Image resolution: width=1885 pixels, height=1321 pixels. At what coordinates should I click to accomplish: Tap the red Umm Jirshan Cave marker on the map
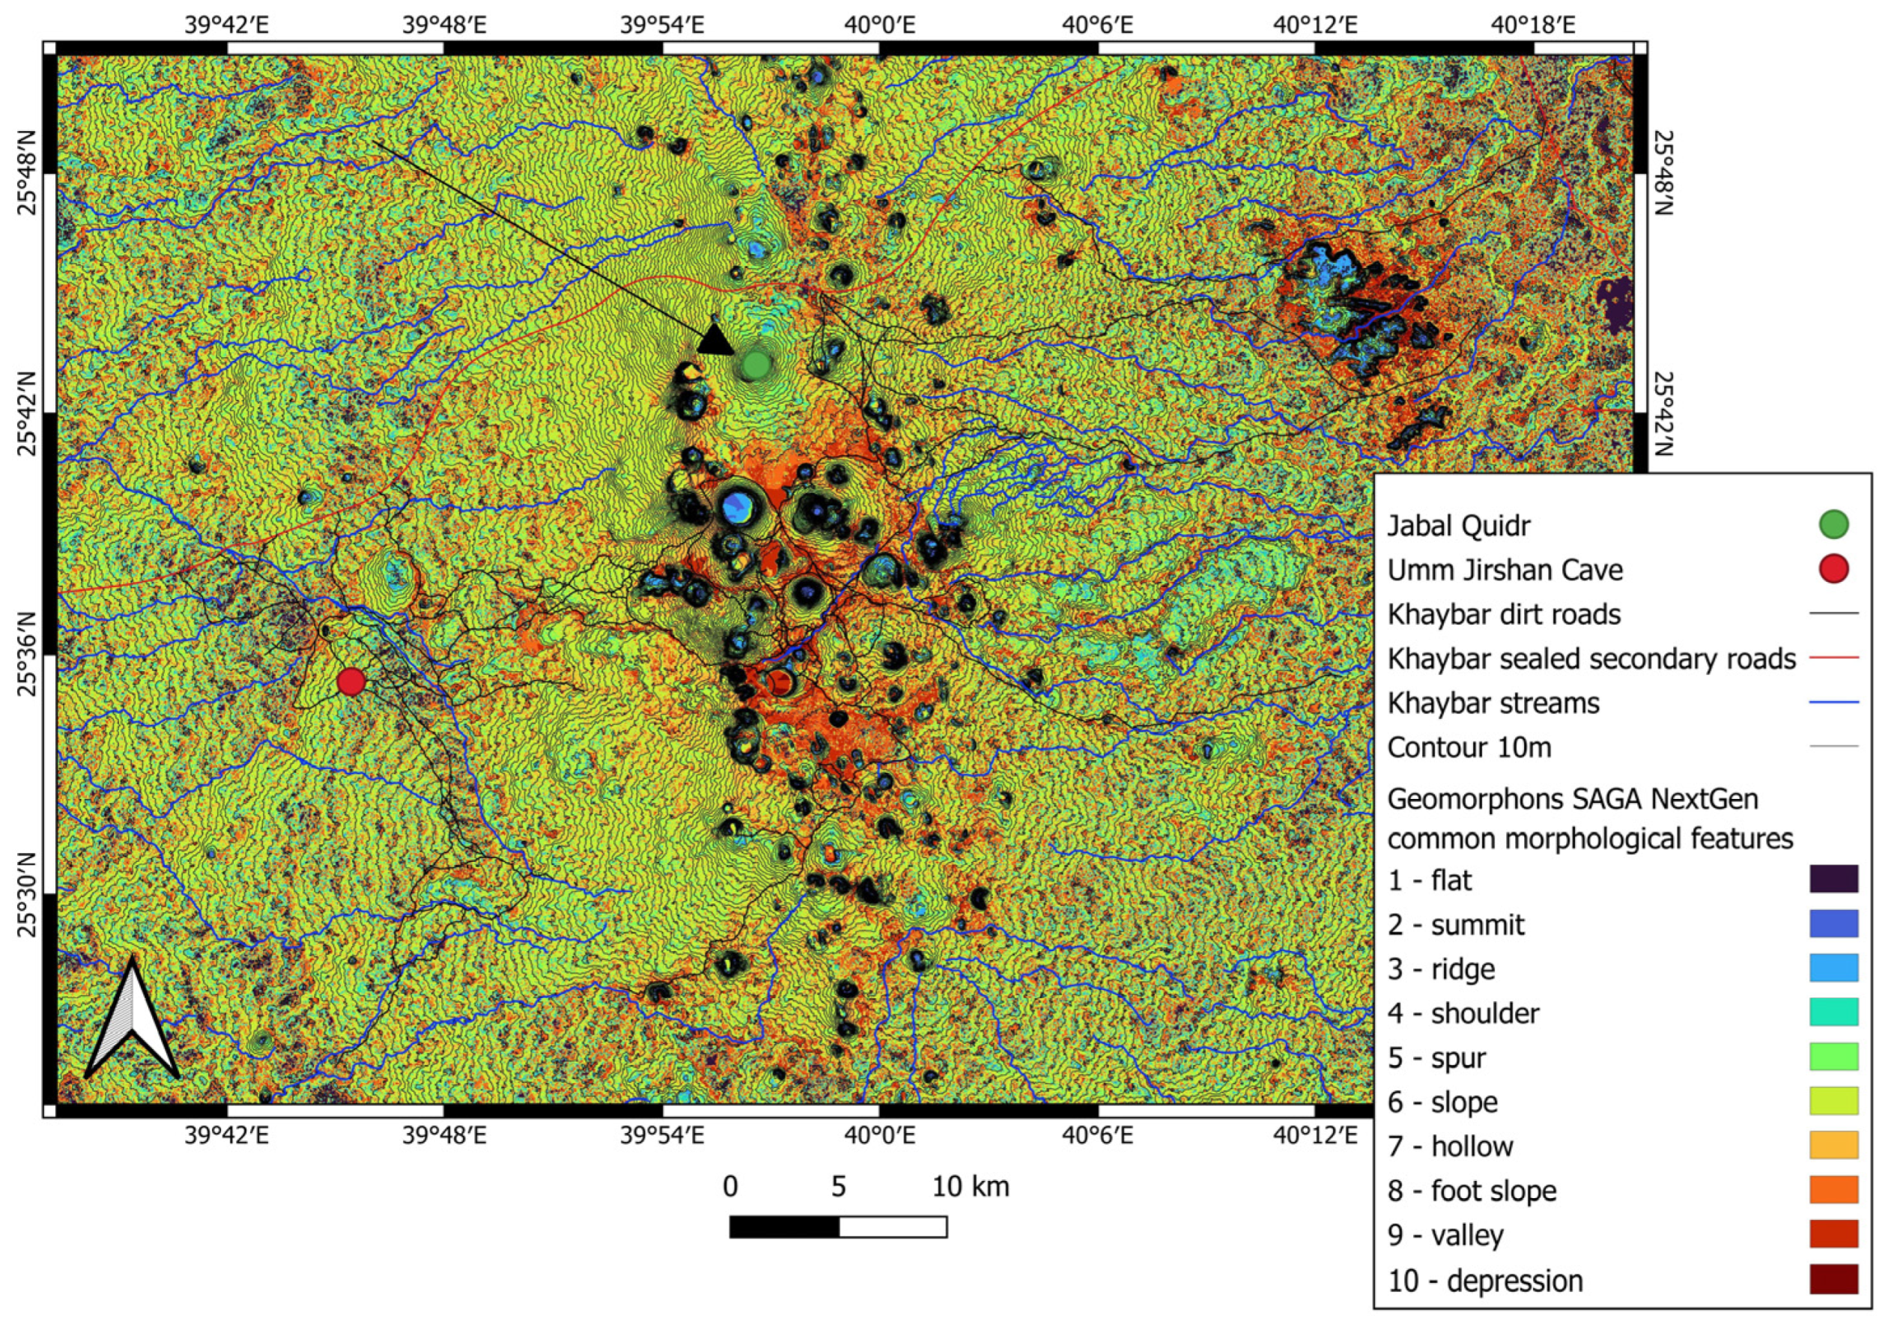click(351, 681)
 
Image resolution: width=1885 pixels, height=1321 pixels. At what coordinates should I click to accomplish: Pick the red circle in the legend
click(1833, 569)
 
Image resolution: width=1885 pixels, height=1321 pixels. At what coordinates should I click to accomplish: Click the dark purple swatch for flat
click(1833, 879)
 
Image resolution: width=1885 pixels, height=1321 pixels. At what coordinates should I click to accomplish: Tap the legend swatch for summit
click(1833, 923)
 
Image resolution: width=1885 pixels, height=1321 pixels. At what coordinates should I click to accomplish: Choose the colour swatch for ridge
click(1833, 968)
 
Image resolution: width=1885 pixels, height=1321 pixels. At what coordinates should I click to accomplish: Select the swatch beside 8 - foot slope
click(1833, 1190)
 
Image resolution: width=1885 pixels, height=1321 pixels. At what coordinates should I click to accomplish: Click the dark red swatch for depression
click(1833, 1279)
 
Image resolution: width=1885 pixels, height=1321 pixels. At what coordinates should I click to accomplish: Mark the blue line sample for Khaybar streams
click(1833, 702)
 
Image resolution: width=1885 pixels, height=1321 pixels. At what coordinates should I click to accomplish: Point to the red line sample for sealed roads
click(1833, 658)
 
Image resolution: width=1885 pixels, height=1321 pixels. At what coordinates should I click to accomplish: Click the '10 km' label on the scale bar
click(971, 1187)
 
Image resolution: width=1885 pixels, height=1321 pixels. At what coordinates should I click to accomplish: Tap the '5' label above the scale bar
click(838, 1187)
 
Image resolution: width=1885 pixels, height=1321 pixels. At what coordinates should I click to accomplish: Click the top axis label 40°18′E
click(1534, 25)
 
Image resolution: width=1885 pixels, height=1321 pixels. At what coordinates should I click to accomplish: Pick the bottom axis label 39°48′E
click(444, 1136)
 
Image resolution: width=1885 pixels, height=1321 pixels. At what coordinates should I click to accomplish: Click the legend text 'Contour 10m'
click(1469, 748)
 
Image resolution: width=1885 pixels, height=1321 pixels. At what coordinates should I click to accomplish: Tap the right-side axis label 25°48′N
click(1662, 172)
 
